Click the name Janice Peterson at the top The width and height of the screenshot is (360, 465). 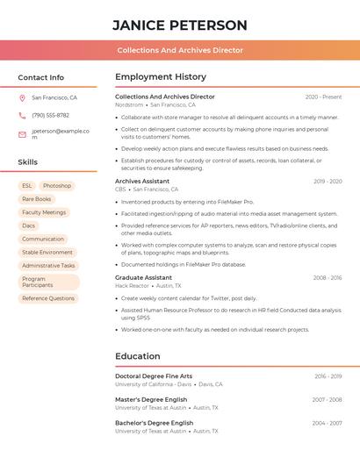(180, 25)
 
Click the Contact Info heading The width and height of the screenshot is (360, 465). (40, 77)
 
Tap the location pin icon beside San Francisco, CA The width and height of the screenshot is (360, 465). (22, 98)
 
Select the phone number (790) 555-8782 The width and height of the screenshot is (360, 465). (50, 116)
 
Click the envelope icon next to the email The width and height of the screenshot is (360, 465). (22, 134)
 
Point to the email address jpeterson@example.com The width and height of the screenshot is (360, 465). (61, 133)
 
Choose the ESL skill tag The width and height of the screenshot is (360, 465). (27, 186)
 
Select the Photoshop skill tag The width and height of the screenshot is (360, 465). (57, 186)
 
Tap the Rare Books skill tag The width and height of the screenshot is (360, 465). (37, 199)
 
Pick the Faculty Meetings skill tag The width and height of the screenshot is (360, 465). (44, 212)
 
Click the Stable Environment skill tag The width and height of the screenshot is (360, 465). (47, 252)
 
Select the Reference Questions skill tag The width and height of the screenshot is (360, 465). (48, 298)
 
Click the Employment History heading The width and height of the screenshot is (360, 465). (161, 77)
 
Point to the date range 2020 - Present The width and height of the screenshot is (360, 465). (323, 97)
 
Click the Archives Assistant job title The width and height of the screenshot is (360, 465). (142, 181)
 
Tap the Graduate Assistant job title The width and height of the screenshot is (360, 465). (143, 277)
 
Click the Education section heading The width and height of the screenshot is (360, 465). (138, 356)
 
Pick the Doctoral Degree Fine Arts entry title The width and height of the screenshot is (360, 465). (154, 376)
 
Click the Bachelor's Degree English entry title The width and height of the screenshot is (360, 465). (154, 423)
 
